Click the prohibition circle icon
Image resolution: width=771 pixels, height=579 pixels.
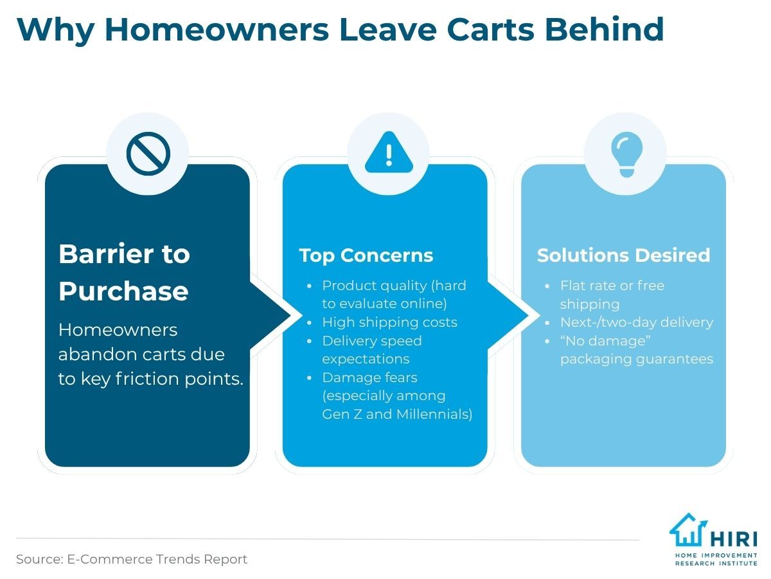[148, 154]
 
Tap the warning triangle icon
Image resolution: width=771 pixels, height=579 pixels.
[389, 152]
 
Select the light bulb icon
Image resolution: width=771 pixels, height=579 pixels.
[626, 154]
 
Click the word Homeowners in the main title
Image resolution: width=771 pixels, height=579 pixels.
[217, 30]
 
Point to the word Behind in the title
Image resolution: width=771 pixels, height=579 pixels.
[604, 29]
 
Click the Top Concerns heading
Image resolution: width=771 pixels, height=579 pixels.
[366, 255]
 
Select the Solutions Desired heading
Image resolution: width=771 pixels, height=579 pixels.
[623, 255]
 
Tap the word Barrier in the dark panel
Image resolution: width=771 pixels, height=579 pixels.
[107, 253]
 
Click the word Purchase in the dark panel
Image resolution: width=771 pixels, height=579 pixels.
[123, 291]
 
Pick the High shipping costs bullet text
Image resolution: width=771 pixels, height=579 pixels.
[390, 322]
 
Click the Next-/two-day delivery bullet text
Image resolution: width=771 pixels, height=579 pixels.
[637, 322]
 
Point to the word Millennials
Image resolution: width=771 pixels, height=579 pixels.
[434, 414]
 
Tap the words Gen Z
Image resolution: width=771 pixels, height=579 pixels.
[342, 414]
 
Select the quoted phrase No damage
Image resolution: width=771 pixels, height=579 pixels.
[605, 341]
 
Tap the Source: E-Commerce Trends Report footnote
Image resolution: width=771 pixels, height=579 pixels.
[131, 559]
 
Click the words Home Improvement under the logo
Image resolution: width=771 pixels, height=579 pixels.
[716, 555]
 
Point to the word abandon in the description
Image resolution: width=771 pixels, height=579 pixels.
[93, 354]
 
